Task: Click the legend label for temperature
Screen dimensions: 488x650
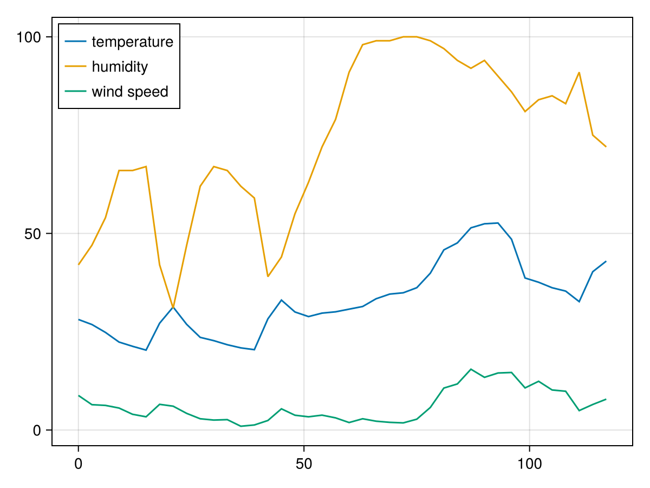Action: [x=132, y=42]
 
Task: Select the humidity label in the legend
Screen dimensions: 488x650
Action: [x=120, y=67]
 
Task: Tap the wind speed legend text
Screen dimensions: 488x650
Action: [x=130, y=92]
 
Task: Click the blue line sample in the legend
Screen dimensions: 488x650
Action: [x=75, y=42]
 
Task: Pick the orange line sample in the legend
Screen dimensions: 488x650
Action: [x=75, y=67]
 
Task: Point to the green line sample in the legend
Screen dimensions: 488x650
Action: [x=75, y=92]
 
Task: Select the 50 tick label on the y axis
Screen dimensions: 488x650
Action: [x=34, y=234]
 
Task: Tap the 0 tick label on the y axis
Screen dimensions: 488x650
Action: [x=37, y=431]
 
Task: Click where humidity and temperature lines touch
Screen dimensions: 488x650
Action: [x=173, y=307]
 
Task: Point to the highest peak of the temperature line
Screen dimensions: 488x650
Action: [x=498, y=223]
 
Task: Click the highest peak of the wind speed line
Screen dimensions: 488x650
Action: [x=471, y=369]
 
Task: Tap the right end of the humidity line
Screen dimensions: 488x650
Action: [x=606, y=147]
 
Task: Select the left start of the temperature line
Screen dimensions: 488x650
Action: [x=79, y=319]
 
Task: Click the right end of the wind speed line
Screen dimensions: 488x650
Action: [x=606, y=399]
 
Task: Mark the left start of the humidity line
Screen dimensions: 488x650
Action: [x=79, y=265]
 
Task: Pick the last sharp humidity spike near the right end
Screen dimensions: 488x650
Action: [x=580, y=72]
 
